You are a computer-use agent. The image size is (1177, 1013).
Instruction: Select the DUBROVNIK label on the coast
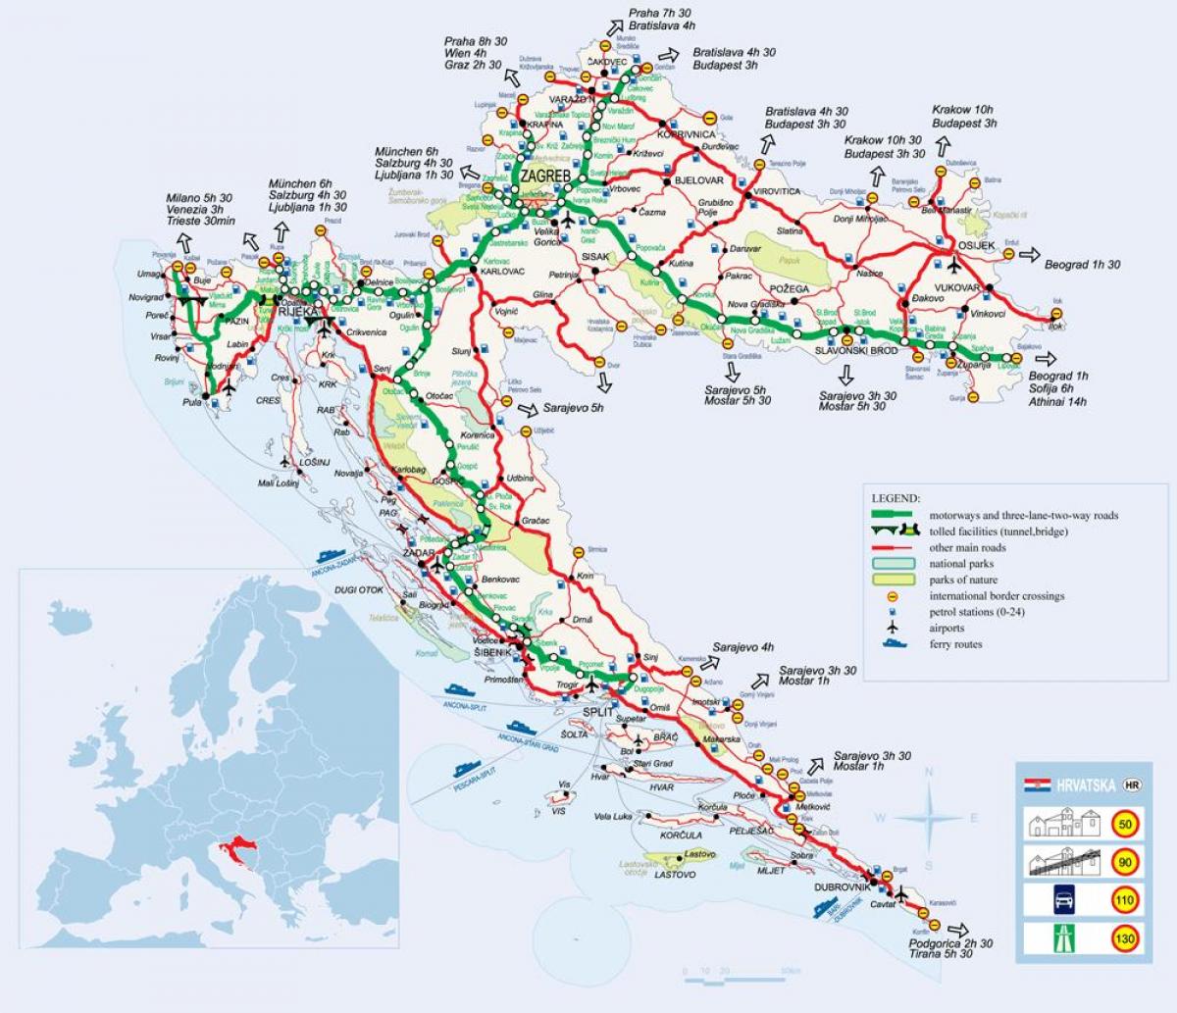click(x=842, y=886)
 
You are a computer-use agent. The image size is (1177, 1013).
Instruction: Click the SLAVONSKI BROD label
click(x=856, y=350)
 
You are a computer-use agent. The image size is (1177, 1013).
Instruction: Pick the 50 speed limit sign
click(x=1125, y=826)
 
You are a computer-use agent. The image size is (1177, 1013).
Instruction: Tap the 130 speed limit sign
click(x=1125, y=939)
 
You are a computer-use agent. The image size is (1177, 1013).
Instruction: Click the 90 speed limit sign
click(x=1125, y=862)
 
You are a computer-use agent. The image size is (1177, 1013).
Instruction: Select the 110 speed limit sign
click(x=1125, y=901)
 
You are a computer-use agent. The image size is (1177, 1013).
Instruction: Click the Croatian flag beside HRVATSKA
click(x=1032, y=785)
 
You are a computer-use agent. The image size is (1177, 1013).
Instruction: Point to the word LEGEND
click(x=894, y=498)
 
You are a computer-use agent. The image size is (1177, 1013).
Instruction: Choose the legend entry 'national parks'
click(x=961, y=564)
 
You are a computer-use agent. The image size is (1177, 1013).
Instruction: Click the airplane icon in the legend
click(x=892, y=628)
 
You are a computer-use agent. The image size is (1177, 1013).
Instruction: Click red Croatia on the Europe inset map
click(x=239, y=845)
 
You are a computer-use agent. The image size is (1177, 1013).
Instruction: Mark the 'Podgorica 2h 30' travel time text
click(x=949, y=943)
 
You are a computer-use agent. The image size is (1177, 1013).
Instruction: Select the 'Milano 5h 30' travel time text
click(x=199, y=197)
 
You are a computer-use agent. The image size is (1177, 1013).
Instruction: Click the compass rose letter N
click(x=929, y=773)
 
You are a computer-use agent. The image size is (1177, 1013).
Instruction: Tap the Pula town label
click(x=191, y=402)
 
